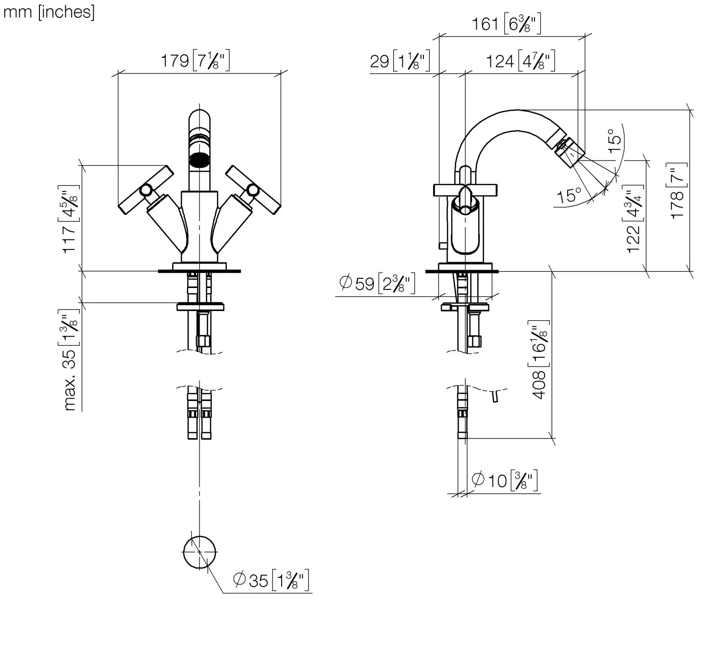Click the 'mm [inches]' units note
(49, 12)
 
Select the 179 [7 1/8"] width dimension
(195, 61)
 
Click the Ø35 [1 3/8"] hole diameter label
(271, 580)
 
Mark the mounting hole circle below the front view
(199, 552)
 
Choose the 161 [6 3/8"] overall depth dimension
(506, 24)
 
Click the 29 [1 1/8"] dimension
(399, 61)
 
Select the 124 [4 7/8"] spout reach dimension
(520, 61)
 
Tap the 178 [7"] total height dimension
(677, 191)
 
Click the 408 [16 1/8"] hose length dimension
(539, 360)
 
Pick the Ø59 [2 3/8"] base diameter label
(377, 283)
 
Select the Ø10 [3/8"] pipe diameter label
(504, 480)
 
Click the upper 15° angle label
(615, 140)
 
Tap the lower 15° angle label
(569, 196)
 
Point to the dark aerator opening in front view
(199, 160)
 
